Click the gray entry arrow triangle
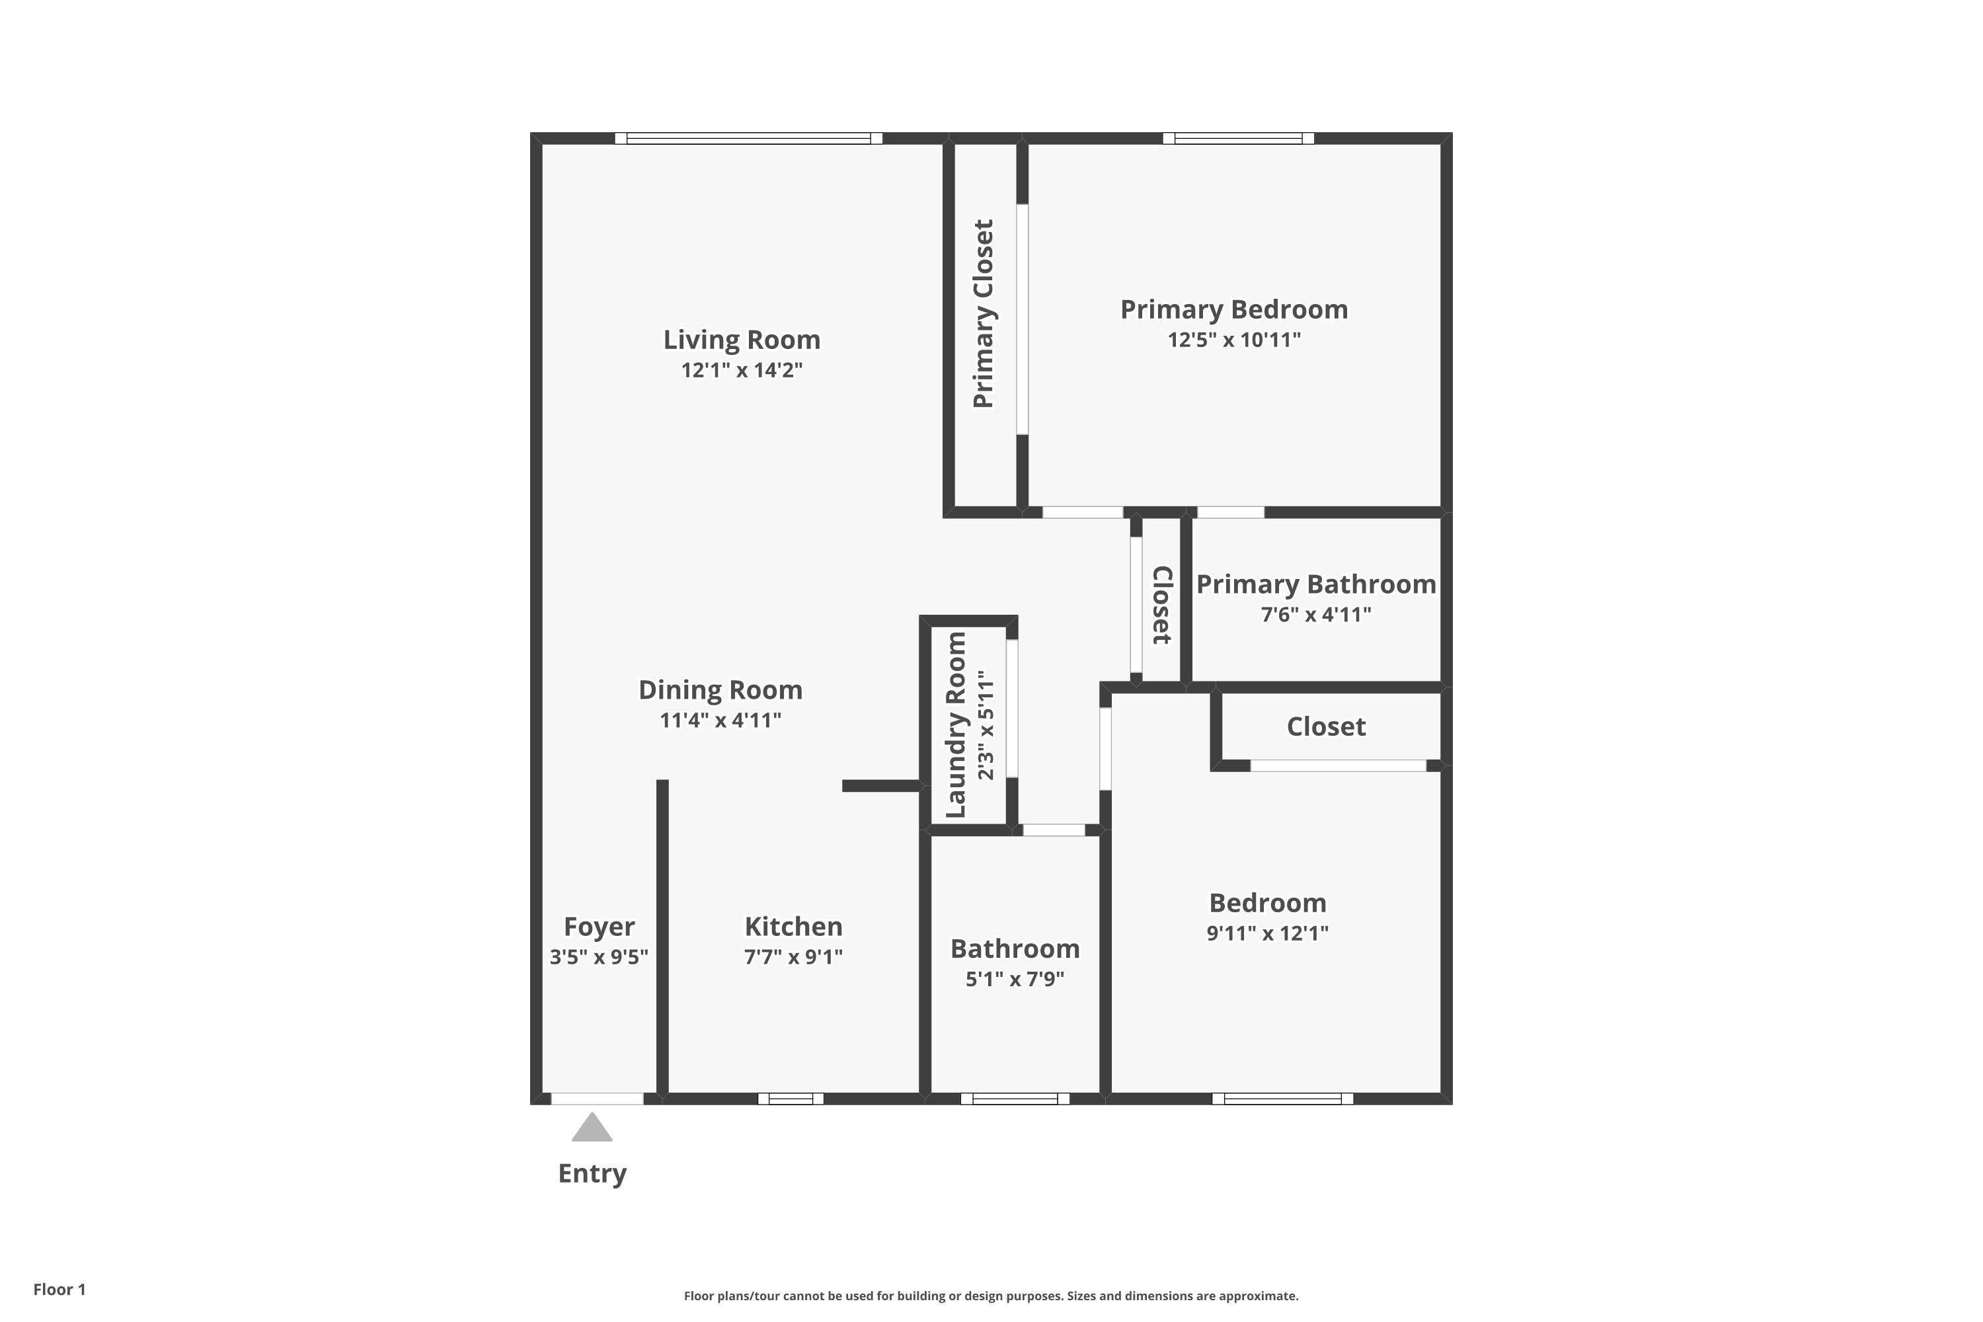point(592,1129)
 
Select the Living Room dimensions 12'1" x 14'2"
point(741,370)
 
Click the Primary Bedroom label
point(1233,309)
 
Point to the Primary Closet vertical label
point(983,313)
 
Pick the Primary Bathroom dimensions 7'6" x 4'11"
point(1315,615)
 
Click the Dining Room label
point(720,689)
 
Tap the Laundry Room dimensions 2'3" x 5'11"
point(986,725)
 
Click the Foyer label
point(599,927)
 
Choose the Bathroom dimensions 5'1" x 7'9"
point(1014,979)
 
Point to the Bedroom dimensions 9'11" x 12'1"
point(1266,933)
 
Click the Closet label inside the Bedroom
point(1325,726)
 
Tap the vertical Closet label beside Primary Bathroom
point(1162,605)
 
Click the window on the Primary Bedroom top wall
point(1237,138)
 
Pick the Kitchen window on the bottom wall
point(790,1099)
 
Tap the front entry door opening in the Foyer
point(597,1099)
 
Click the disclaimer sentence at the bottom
point(991,1296)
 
